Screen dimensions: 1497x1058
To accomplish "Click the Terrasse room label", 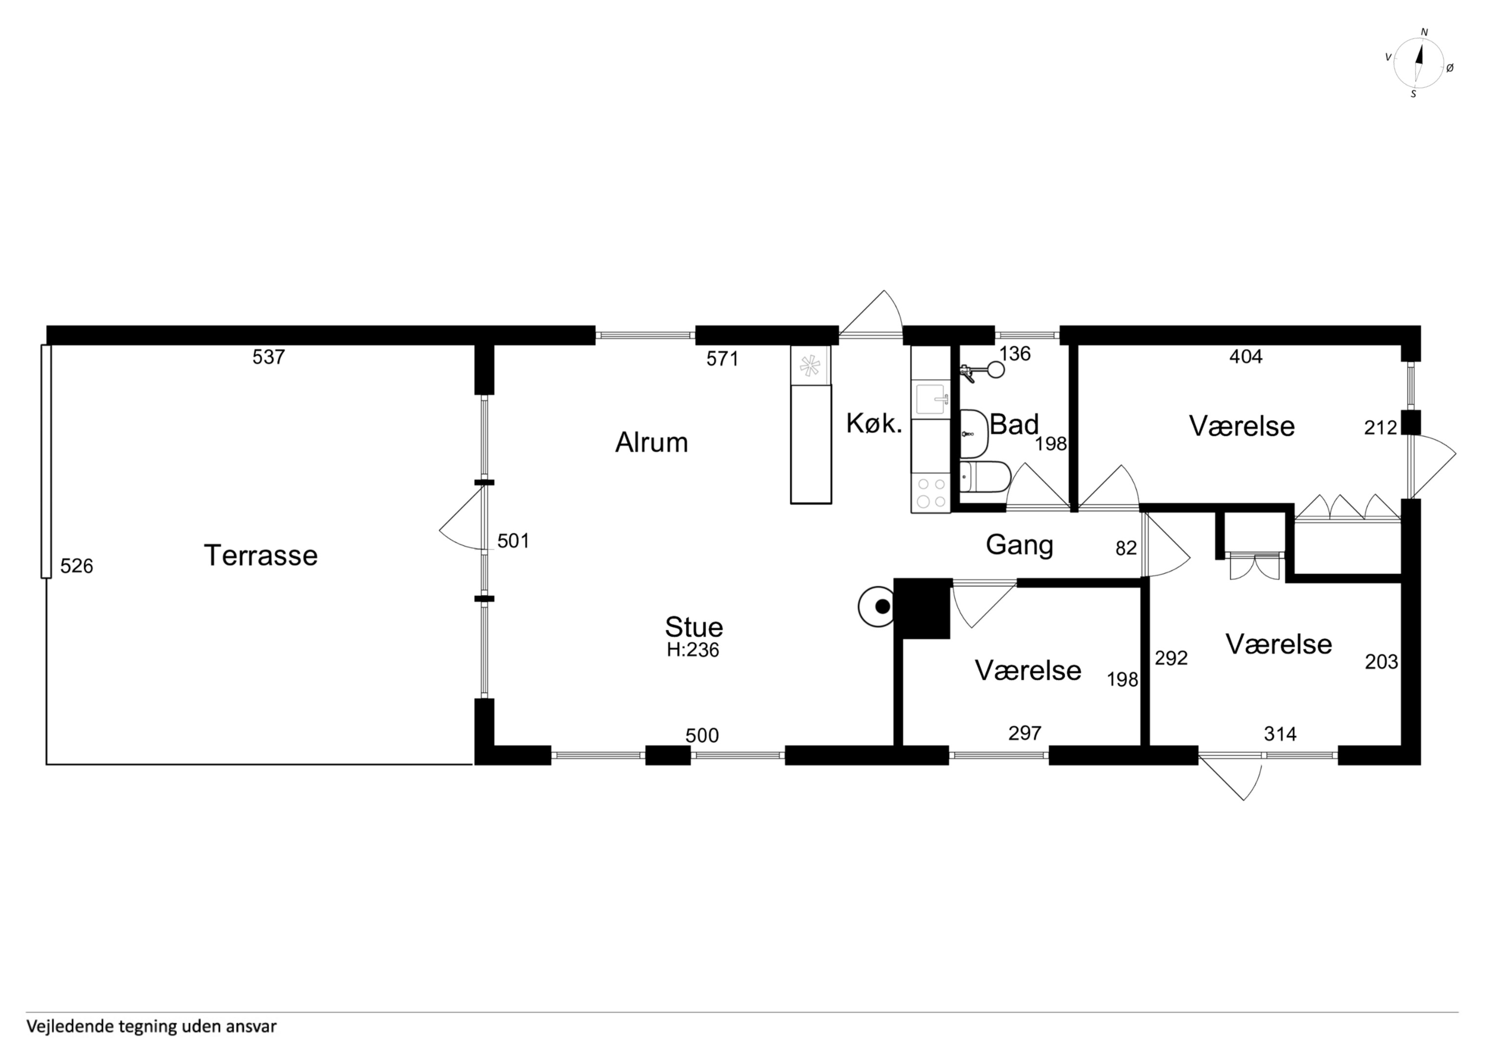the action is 261,555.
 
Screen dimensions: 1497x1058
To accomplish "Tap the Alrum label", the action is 651,443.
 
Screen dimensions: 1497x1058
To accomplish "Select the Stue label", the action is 694,627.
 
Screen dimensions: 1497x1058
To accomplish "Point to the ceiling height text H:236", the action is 692,650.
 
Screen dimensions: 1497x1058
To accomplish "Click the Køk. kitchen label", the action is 874,424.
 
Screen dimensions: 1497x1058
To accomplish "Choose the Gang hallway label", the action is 1019,545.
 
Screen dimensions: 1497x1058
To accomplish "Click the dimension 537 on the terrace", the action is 269,357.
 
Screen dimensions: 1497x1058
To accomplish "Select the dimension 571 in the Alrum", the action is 722,359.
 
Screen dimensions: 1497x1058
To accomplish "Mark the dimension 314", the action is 1280,734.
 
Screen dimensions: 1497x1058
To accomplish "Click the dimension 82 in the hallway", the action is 1126,548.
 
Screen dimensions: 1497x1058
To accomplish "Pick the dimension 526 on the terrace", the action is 76,566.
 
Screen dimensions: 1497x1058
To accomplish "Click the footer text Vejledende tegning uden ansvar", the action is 151,1026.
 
